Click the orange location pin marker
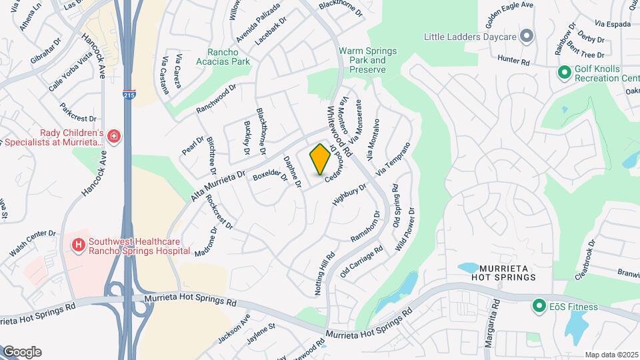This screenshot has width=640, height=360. point(320,159)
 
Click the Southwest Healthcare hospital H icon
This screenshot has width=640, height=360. point(79,246)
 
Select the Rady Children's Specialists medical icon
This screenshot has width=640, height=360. point(114,137)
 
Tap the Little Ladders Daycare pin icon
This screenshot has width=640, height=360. point(527,36)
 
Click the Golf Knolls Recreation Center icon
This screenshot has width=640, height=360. point(563,69)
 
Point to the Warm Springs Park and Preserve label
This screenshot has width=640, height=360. point(367,60)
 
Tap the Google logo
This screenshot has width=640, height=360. point(21,352)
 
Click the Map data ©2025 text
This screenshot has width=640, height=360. point(611,355)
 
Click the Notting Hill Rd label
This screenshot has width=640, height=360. point(325,274)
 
